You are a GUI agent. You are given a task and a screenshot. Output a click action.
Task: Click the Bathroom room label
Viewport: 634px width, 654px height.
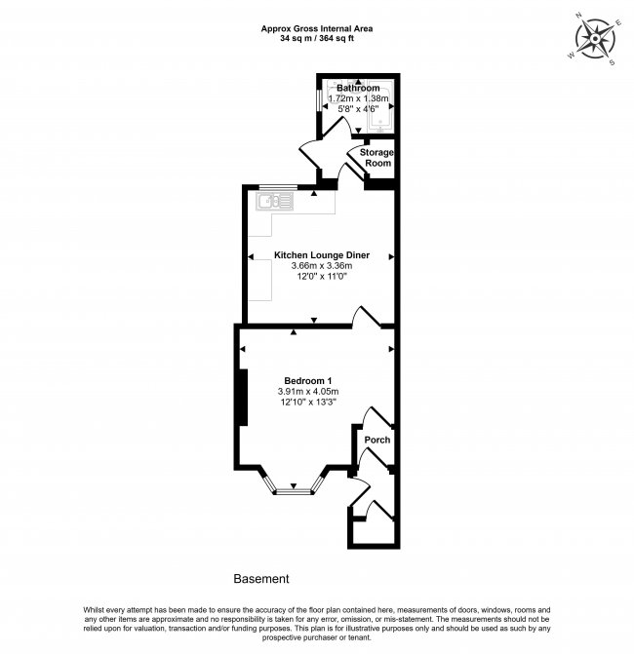tap(358, 88)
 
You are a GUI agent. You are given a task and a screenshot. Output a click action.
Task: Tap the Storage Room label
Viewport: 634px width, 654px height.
tap(376, 158)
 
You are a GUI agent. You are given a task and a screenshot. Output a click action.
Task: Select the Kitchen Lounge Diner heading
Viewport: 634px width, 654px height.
tap(322, 255)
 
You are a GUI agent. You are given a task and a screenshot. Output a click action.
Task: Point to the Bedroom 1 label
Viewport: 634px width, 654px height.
tap(308, 381)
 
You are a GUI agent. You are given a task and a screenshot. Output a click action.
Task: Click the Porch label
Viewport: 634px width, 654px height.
tap(377, 440)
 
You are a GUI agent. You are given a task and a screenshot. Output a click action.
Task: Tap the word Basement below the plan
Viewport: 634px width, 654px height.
tap(261, 579)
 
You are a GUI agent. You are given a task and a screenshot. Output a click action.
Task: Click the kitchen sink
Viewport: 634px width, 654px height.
tap(275, 202)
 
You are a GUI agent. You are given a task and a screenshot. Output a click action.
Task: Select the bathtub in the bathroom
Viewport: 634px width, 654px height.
tap(379, 107)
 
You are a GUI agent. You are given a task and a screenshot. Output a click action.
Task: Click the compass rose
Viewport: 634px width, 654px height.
tap(595, 40)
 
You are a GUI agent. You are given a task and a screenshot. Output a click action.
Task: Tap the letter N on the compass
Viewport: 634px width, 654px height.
tap(579, 17)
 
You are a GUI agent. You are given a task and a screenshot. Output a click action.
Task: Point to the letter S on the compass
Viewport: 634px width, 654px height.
tap(612, 63)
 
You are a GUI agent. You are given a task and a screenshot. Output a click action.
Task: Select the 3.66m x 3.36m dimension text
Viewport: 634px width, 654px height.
tap(322, 266)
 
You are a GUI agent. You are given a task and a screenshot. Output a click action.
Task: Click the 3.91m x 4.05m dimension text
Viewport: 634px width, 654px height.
tap(308, 392)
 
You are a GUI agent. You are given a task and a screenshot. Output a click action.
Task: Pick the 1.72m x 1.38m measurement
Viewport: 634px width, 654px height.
tap(359, 98)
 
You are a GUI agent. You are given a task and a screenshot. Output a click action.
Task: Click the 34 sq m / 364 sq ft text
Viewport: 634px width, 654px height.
tap(317, 39)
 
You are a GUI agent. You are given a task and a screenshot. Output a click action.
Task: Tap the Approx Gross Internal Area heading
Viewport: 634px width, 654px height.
tap(317, 29)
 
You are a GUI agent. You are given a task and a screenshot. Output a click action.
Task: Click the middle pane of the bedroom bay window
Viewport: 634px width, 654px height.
tap(294, 492)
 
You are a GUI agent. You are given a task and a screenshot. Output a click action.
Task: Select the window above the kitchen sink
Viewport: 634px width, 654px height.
tap(278, 187)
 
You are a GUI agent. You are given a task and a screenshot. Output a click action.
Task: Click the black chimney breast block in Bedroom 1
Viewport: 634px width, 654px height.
tap(243, 398)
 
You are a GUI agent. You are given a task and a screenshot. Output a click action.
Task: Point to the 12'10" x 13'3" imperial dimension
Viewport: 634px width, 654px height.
tap(308, 403)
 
